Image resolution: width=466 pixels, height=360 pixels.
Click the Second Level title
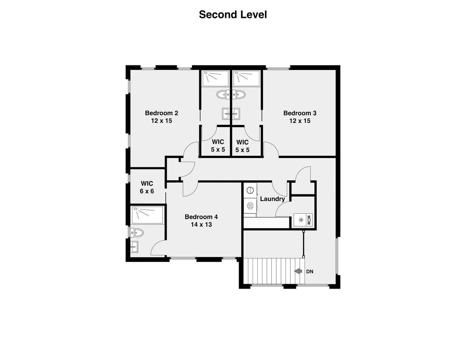point(233,15)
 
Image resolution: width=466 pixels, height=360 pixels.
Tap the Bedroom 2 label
point(161,113)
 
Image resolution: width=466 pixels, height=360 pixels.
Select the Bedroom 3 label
point(300,113)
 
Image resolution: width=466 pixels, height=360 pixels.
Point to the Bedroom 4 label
point(201,217)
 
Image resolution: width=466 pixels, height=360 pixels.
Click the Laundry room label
point(272,199)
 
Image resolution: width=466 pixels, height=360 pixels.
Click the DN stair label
point(310,272)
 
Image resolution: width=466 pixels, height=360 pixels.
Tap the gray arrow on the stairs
point(298,271)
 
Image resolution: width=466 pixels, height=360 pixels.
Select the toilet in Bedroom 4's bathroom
point(137,232)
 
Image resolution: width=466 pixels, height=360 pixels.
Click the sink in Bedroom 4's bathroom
point(134,247)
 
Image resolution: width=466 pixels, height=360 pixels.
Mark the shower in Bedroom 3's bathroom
point(246,78)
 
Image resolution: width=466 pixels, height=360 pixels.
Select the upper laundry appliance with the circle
point(250,190)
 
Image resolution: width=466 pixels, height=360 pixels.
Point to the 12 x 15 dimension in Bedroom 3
point(300,121)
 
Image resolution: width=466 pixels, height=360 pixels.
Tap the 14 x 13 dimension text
point(201,225)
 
